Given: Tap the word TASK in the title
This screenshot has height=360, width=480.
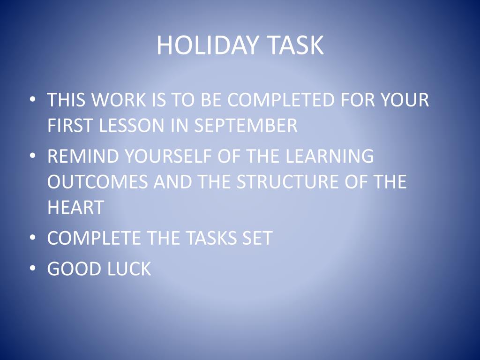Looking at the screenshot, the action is point(295,45).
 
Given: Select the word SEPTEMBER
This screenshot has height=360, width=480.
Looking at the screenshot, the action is point(246,125).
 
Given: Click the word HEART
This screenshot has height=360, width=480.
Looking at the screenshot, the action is point(75,207).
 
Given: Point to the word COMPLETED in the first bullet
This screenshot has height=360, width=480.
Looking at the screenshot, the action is point(281,99).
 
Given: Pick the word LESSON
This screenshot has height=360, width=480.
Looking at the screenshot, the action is point(132,125).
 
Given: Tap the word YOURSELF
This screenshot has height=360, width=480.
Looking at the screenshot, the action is point(168,156).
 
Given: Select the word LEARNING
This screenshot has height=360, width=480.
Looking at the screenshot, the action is point(330,156).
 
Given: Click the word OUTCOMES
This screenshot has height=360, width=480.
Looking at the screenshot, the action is point(97,181).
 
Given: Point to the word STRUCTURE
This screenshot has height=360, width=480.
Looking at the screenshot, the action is point(288,181).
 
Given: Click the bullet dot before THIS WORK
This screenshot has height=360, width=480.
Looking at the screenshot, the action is point(33,99).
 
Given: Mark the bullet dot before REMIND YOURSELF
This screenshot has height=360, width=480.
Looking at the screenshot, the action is point(33,156).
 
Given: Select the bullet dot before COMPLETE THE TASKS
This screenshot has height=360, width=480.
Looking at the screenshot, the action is point(33,238).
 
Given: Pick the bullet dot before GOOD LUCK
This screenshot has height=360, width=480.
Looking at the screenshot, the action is point(33,268).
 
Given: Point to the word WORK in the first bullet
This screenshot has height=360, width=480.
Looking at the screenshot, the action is point(119,99).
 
